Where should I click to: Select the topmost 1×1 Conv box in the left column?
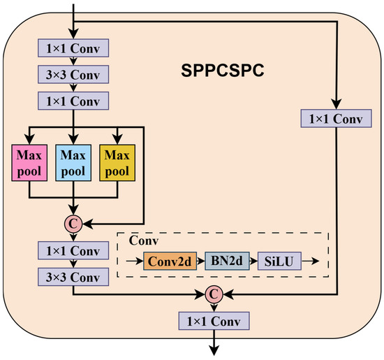coord(73,50)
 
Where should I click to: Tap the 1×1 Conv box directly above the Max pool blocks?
coord(73,101)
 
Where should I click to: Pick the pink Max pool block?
coord(29,161)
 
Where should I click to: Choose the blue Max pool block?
coord(73,161)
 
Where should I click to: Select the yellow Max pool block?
coord(117,161)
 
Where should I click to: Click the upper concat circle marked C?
coord(73,224)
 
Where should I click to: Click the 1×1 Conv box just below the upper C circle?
coord(73,251)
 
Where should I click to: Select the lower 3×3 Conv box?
coord(73,276)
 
